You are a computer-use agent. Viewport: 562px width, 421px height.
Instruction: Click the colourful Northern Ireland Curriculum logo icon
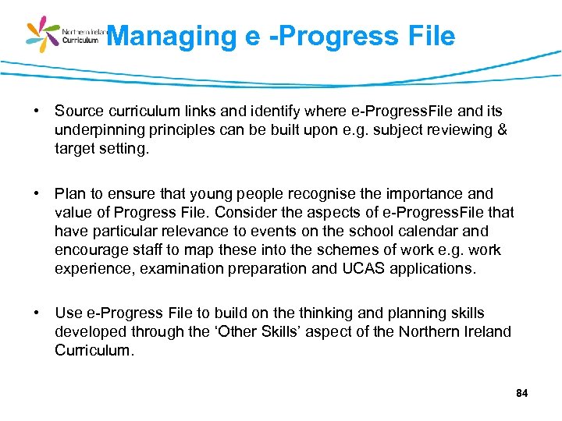pyautogui.click(x=43, y=34)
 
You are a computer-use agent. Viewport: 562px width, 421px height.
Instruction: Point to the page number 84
pyautogui.click(x=522, y=394)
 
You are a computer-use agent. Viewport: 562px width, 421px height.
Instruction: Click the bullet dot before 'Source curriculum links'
pyautogui.click(x=37, y=111)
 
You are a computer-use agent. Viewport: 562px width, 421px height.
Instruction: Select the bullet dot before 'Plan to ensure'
pyautogui.click(x=37, y=193)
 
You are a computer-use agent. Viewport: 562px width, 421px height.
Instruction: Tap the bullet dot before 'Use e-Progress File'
pyautogui.click(x=37, y=313)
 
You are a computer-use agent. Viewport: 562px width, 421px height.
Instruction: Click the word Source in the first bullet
pyautogui.click(x=78, y=111)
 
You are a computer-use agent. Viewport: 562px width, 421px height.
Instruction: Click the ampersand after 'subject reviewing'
pyautogui.click(x=501, y=130)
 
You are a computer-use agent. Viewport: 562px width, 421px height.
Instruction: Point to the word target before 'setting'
pyautogui.click(x=74, y=149)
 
